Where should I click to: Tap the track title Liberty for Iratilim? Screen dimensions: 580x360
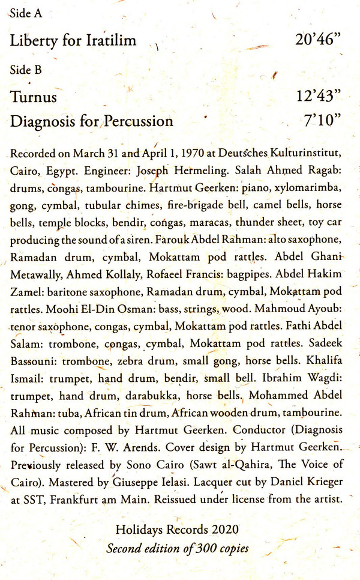pos(73,41)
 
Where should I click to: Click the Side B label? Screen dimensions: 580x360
pos(26,70)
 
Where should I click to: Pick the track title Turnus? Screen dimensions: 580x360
pos(34,97)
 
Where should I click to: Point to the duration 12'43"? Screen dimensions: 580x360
pos(319,97)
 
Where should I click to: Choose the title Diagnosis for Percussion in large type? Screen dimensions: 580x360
pos(92,121)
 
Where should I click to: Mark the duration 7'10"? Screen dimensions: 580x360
pos(323,121)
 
